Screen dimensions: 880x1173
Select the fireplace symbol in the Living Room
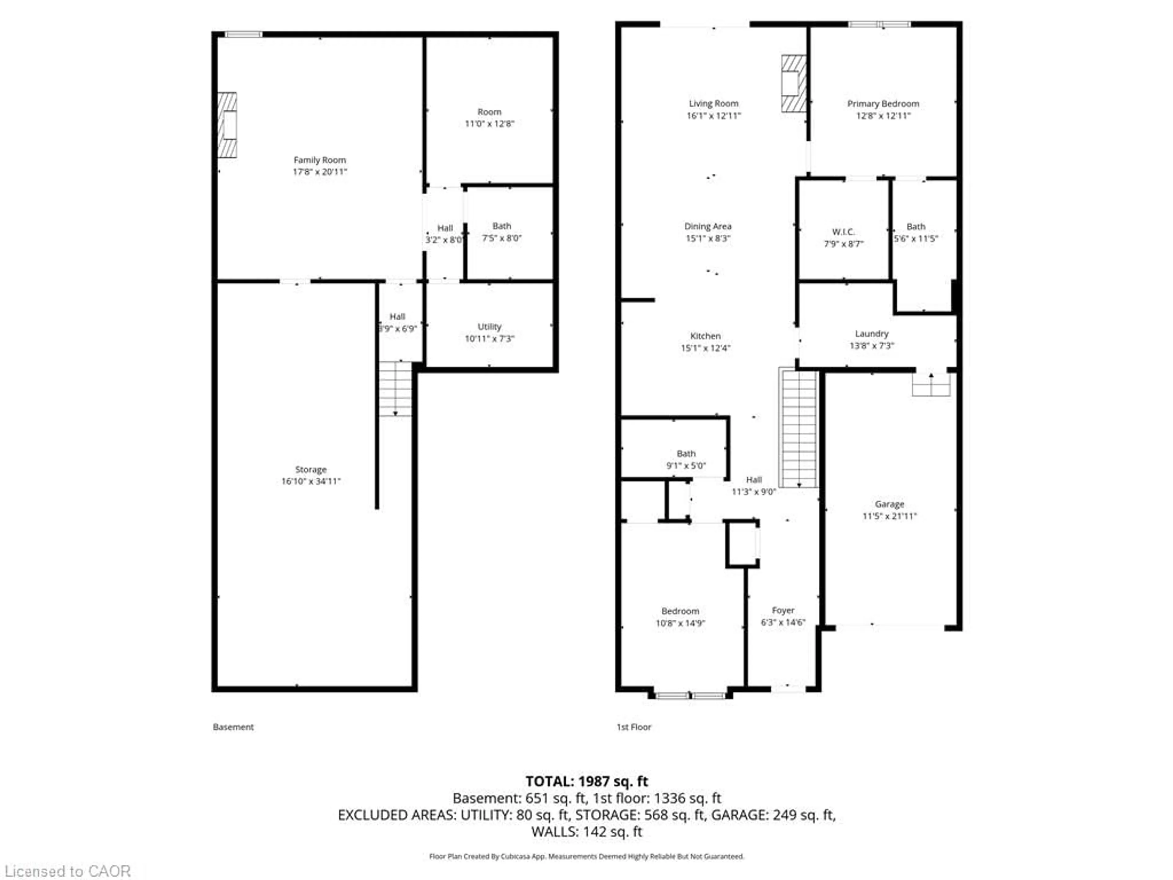point(793,84)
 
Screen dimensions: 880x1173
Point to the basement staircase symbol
point(395,389)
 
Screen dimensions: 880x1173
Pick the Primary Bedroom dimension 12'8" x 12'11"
point(883,116)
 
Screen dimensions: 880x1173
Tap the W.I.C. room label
point(843,232)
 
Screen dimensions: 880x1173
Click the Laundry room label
point(871,334)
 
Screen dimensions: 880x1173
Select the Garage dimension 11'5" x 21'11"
point(889,516)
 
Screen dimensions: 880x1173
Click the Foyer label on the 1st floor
point(783,610)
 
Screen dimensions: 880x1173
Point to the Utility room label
point(489,327)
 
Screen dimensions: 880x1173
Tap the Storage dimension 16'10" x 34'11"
point(311,482)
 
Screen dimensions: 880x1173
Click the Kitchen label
point(705,336)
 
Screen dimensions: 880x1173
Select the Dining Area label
point(707,226)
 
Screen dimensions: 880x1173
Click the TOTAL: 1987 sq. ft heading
point(586,781)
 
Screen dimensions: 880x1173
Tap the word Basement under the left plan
point(233,727)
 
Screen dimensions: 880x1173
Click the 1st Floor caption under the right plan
point(634,727)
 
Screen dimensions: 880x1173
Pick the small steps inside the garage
point(931,385)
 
